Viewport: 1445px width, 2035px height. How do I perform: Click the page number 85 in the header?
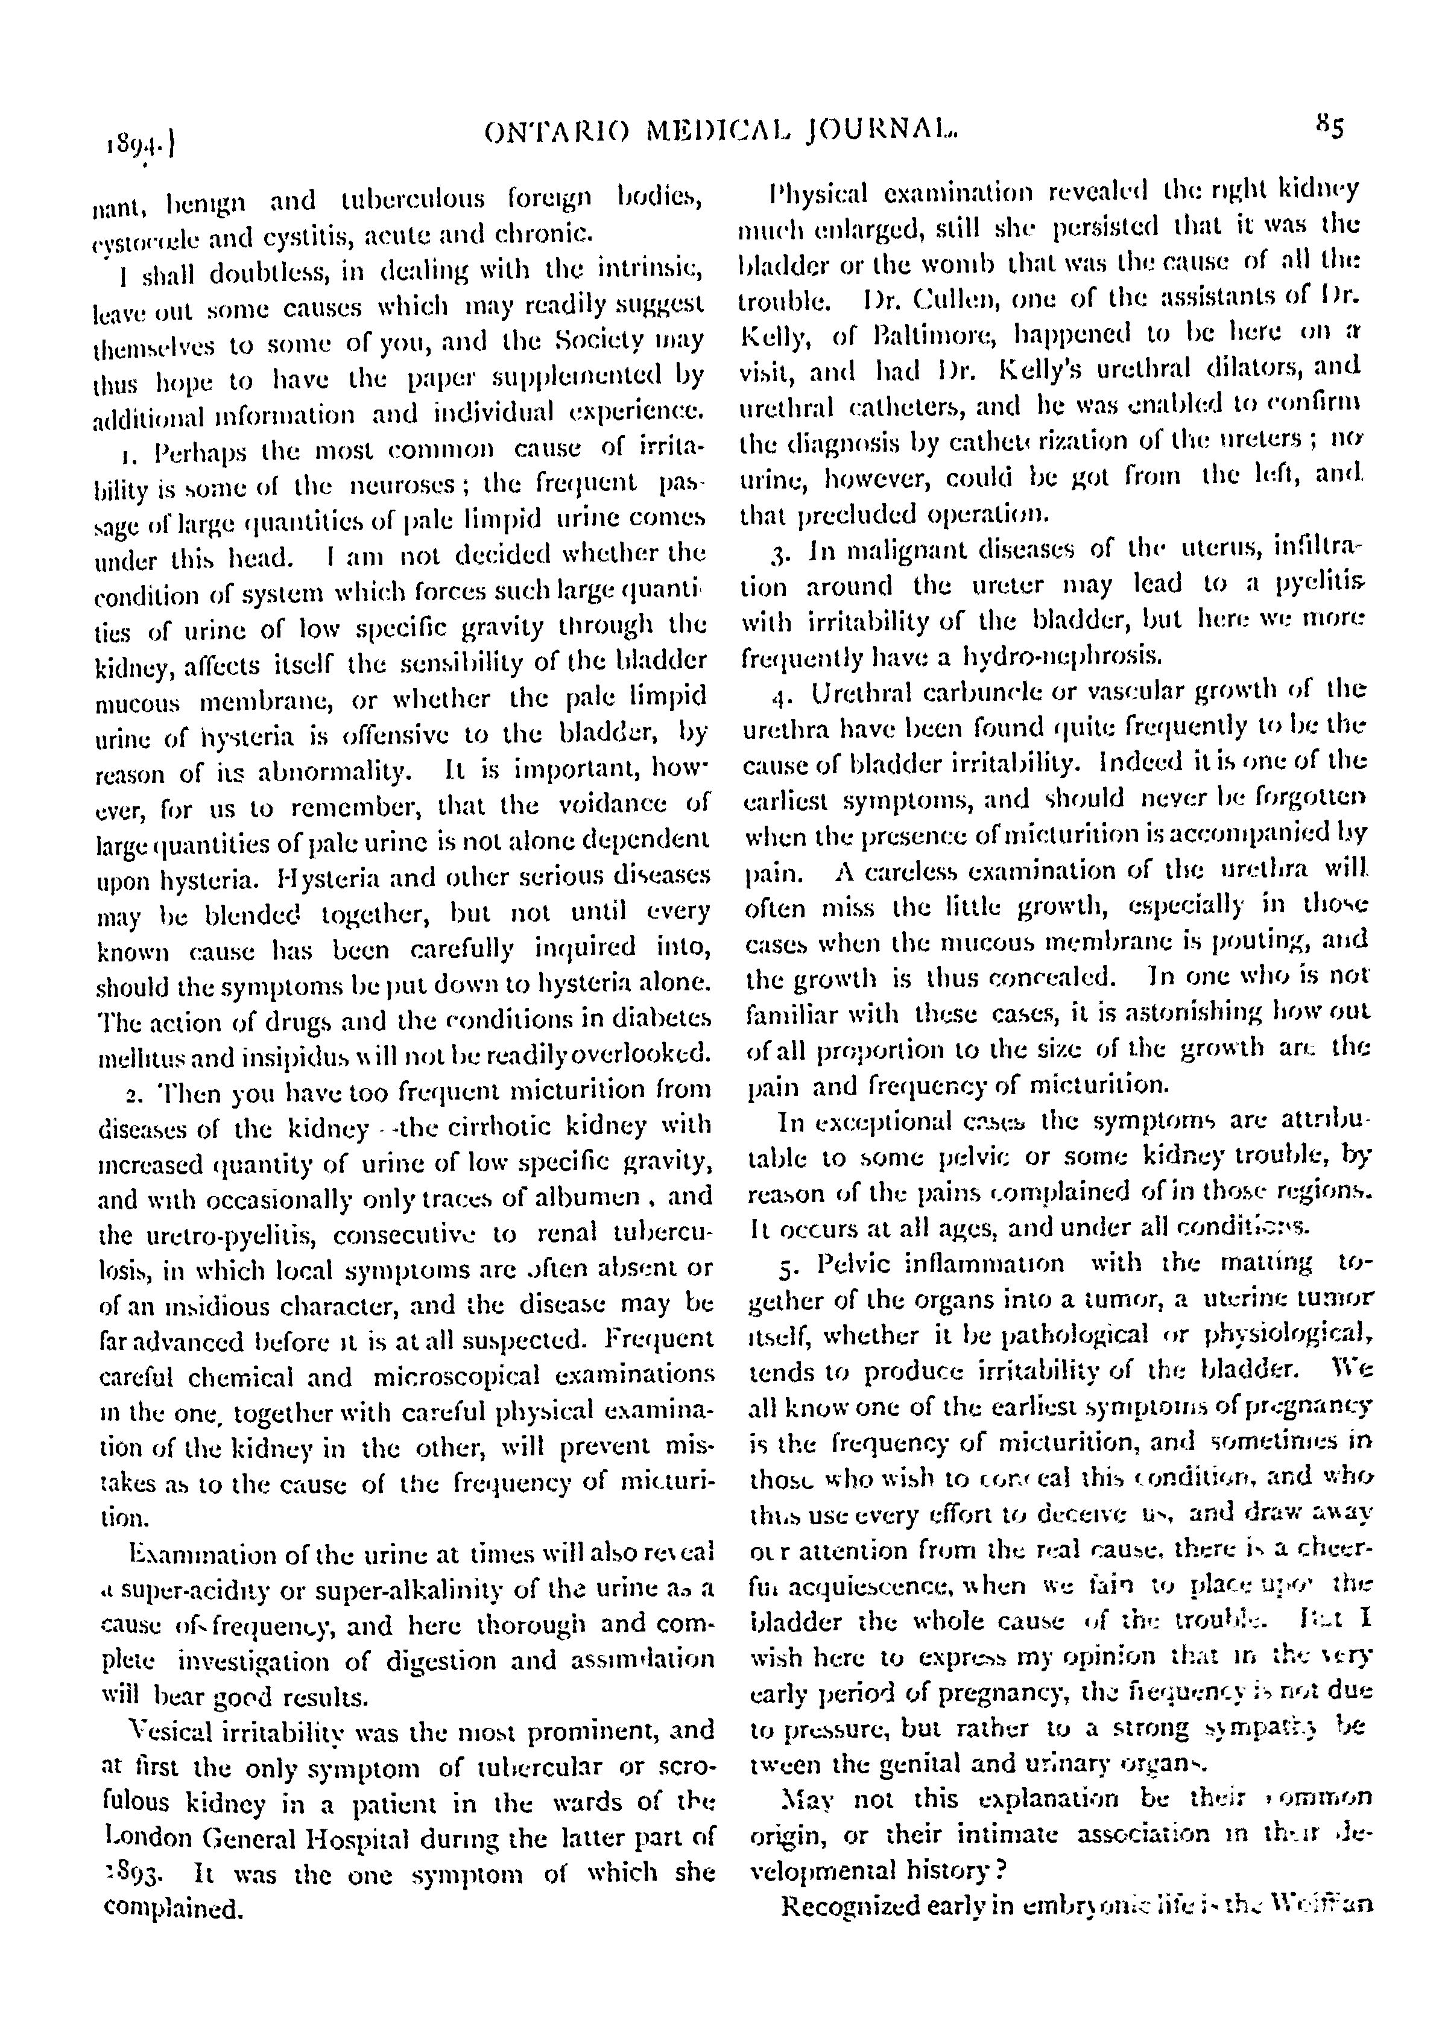[1330, 127]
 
